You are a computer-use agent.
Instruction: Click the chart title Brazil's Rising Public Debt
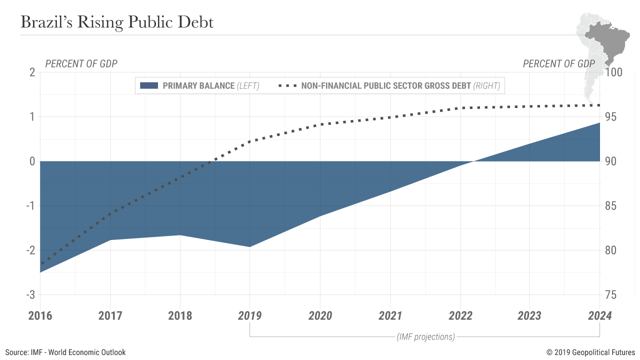coord(116,21)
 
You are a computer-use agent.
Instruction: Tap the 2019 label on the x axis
coord(249,315)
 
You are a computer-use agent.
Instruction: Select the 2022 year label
coord(460,315)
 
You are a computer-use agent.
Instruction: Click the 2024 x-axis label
coord(599,315)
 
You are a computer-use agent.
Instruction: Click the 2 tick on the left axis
coord(32,72)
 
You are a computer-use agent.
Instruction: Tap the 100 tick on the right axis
coord(613,72)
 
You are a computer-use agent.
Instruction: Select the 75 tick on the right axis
coord(610,295)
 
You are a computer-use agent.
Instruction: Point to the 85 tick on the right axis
coord(610,206)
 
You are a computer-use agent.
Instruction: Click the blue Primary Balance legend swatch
coord(149,85)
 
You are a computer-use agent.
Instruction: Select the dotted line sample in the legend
coord(286,85)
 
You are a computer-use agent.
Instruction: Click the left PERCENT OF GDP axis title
coord(81,63)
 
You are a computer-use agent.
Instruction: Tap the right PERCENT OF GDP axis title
coord(558,63)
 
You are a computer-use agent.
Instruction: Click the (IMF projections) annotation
coord(425,336)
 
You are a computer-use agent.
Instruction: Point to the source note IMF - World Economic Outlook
coord(65,352)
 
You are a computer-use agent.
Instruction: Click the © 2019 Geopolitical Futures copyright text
coord(590,352)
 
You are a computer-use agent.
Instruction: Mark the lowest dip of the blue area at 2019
coord(249,246)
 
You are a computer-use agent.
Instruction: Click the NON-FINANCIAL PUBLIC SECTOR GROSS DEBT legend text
coord(386,85)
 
